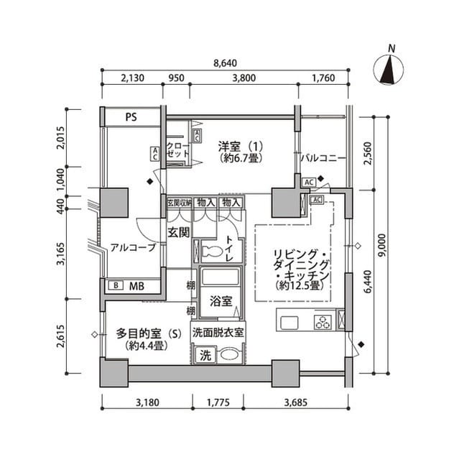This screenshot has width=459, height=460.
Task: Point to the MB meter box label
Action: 136,286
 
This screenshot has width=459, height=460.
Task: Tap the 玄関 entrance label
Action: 178,232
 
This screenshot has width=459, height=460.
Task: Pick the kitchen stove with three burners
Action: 323,322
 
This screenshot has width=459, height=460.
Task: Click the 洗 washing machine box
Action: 205,354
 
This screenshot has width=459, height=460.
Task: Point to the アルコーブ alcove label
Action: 133,248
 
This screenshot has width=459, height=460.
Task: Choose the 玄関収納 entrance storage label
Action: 179,203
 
